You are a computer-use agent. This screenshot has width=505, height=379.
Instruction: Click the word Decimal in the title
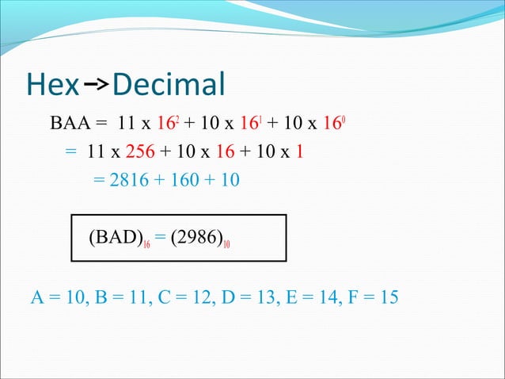[x=169, y=84]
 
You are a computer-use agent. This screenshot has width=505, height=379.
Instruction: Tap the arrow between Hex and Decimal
[x=96, y=82]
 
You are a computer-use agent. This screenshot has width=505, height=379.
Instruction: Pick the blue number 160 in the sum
[x=183, y=180]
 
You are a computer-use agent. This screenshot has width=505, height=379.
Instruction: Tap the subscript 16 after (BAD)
[x=148, y=243]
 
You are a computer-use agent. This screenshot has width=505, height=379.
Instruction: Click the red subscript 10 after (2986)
[x=227, y=243]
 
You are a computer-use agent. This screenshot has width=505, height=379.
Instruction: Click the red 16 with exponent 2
[x=163, y=124]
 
